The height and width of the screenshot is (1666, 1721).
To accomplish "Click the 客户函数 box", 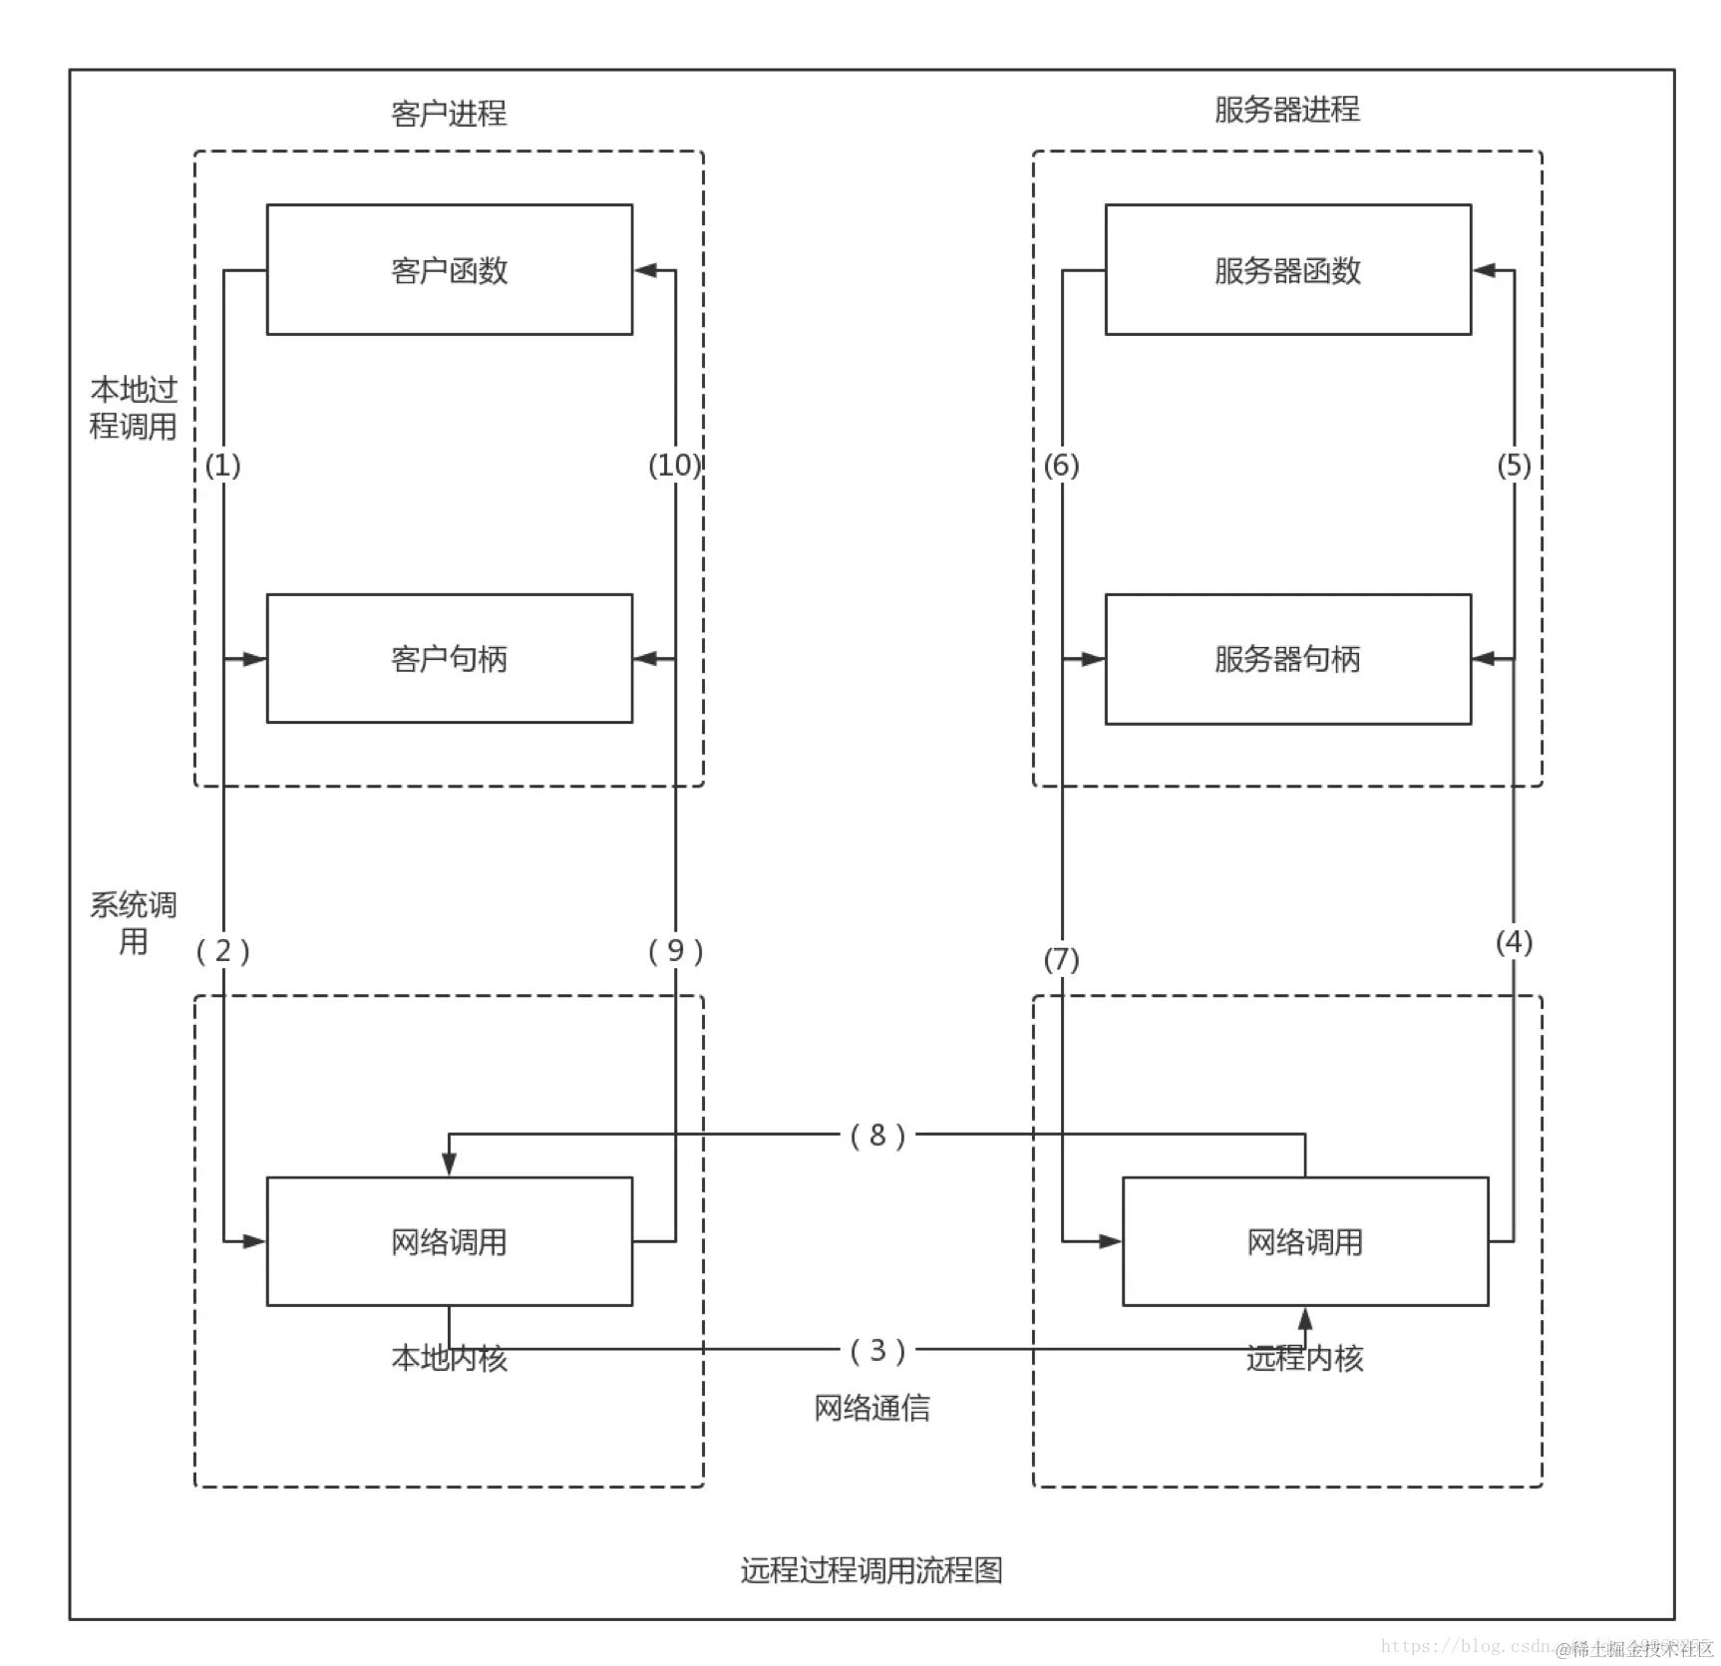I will (449, 269).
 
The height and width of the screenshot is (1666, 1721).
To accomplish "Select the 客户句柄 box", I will (449, 658).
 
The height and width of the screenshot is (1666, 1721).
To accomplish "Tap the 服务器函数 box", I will (1287, 269).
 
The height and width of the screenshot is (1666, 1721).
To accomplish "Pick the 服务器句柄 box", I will (1287, 658).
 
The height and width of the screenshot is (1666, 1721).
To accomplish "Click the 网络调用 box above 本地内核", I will (449, 1241).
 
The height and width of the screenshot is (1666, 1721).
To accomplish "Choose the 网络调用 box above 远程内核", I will (1304, 1241).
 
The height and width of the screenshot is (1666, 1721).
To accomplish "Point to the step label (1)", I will (222, 465).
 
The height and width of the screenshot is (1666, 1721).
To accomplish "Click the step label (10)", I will (674, 465).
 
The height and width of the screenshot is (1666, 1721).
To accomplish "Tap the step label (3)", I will (877, 1350).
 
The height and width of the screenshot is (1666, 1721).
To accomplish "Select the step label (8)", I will (877, 1135).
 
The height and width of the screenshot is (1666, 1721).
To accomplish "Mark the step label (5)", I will (1514, 465).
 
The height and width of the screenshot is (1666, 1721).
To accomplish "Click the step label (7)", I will (1061, 959).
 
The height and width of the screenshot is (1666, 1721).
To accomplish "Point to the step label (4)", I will (1514, 941).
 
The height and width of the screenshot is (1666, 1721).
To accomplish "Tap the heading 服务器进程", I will (1286, 110).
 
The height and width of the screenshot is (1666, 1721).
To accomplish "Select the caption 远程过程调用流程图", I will (871, 1570).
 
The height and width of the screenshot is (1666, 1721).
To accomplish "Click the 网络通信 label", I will (871, 1408).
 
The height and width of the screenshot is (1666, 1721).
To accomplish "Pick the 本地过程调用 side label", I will (134, 408).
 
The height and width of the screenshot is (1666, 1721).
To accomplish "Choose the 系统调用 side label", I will (134, 922).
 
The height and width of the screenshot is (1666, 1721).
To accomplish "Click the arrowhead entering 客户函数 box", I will (644, 269).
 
